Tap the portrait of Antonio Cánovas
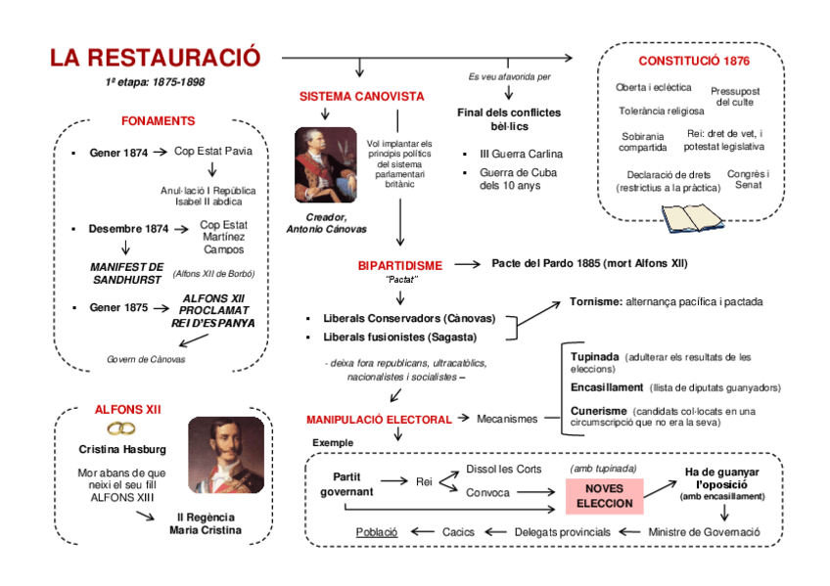click(x=325, y=164)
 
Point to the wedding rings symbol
click(x=121, y=428)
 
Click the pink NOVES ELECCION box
click(x=604, y=496)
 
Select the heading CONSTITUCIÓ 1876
click(x=694, y=61)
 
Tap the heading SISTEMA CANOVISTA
click(x=361, y=97)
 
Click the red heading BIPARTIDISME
click(x=399, y=265)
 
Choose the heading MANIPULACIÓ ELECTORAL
click(x=379, y=419)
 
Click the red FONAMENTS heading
click(x=158, y=121)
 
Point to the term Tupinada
click(x=594, y=357)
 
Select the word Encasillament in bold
click(x=607, y=387)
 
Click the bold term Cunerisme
click(x=598, y=411)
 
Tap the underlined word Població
click(x=377, y=531)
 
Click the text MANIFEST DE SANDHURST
click(x=126, y=273)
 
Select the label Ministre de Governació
click(x=704, y=531)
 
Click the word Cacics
click(x=458, y=531)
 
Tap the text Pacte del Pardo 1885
click(x=550, y=263)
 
